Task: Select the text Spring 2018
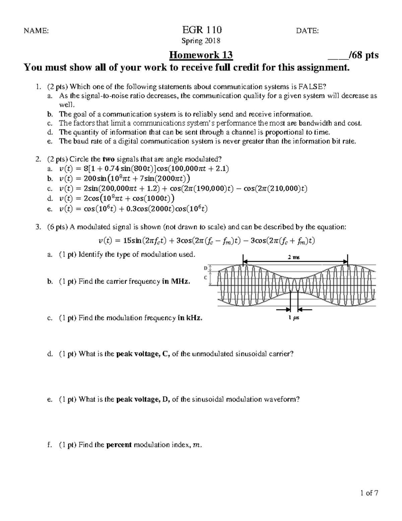(x=201, y=41)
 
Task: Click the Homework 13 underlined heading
(x=201, y=55)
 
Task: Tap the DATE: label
(x=308, y=31)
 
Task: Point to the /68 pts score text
(x=363, y=55)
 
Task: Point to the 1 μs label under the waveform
(x=293, y=318)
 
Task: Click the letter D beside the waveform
(x=205, y=268)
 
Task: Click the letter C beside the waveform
(x=205, y=278)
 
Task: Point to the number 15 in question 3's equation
(x=127, y=241)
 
